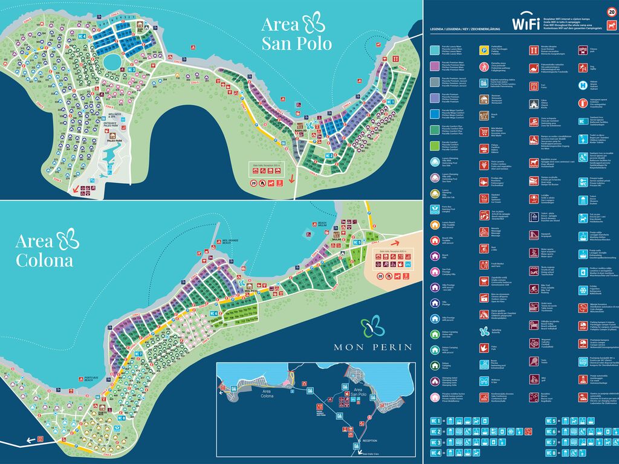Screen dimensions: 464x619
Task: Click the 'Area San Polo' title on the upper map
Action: click(293, 33)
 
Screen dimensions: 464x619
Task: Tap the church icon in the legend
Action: click(534, 104)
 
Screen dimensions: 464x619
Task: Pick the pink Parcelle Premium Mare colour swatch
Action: click(435, 66)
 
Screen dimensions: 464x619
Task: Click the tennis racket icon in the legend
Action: click(534, 361)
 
